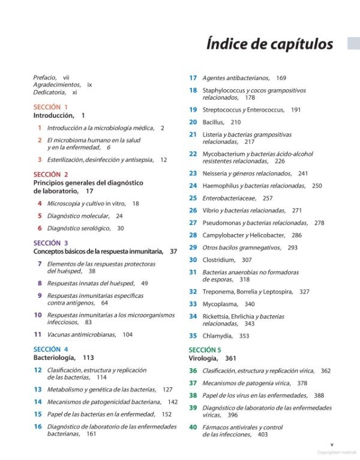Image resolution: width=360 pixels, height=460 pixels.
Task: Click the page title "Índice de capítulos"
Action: click(x=269, y=44)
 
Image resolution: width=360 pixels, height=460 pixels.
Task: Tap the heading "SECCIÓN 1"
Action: click(x=50, y=107)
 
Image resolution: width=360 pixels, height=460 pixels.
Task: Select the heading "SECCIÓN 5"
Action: click(x=205, y=350)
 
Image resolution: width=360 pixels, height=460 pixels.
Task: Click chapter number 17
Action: click(x=193, y=78)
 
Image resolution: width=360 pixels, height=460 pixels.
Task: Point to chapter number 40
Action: click(x=193, y=427)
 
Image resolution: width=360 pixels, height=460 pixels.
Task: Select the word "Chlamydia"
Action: click(x=218, y=336)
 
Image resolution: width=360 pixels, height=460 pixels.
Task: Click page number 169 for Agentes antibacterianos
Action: click(x=281, y=78)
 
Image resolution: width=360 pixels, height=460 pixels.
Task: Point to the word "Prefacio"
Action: click(x=45, y=77)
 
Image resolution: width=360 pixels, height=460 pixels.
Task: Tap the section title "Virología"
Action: click(x=203, y=358)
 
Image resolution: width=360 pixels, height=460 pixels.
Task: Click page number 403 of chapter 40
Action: click(x=262, y=434)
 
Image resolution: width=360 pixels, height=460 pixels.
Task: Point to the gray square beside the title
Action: click(x=353, y=43)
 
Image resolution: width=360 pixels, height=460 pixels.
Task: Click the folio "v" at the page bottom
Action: click(x=332, y=444)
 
